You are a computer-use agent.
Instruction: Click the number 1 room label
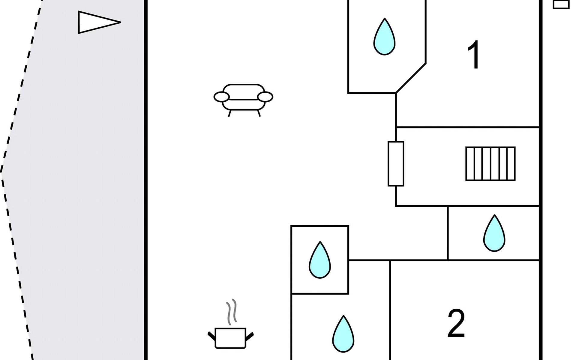tap(475, 55)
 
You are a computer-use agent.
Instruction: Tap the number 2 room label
tap(456, 323)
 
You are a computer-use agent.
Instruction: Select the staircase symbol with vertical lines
tap(490, 164)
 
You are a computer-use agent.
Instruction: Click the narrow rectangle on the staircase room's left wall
tap(396, 164)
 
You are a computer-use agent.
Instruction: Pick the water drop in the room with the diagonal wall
tap(384, 37)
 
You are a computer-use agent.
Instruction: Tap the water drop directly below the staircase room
tap(494, 234)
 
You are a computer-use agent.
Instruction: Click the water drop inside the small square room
tap(320, 261)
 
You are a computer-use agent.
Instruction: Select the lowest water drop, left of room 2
tap(343, 334)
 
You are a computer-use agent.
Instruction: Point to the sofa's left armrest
tap(221, 97)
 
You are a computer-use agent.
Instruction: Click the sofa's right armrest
tap(265, 97)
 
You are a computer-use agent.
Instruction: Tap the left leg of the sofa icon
tap(230, 113)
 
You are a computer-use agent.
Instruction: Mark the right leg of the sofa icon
tap(259, 113)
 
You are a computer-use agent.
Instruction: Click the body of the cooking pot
tap(230, 338)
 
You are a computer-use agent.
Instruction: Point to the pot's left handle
tap(211, 336)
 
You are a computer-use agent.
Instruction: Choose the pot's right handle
tap(250, 336)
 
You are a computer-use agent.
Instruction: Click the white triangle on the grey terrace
tap(94, 22)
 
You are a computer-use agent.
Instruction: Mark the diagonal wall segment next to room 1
tap(411, 78)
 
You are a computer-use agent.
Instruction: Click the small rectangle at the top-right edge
tap(561, 4)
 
